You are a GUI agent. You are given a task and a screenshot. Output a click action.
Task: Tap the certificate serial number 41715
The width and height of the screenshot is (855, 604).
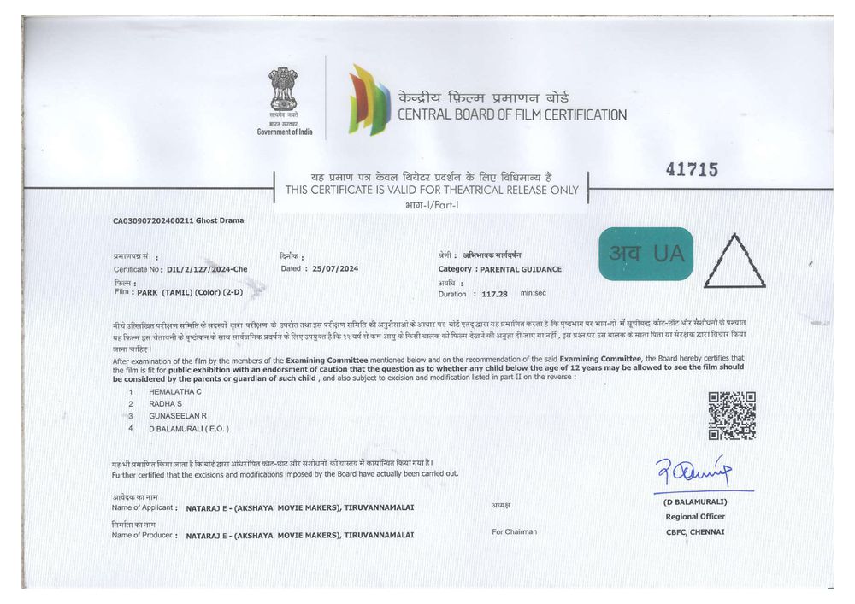[x=692, y=170]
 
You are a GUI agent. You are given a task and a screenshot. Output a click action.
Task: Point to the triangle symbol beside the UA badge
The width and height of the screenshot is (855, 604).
[x=734, y=262]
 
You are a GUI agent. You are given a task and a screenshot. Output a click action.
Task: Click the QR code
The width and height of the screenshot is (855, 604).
[x=732, y=415]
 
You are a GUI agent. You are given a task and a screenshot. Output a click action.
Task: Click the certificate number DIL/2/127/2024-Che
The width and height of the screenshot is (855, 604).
[x=207, y=269]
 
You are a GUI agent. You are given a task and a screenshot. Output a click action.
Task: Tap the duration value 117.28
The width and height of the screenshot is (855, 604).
[x=494, y=293]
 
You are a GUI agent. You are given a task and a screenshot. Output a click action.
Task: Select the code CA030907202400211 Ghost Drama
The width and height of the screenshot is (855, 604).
[x=178, y=220]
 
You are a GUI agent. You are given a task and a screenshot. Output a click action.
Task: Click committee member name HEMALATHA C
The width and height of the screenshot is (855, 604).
[x=176, y=390]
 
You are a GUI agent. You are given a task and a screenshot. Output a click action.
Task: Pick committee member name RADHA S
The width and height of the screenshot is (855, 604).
[x=166, y=402]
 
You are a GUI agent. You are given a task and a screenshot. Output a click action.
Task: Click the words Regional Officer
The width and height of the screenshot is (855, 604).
[x=695, y=517]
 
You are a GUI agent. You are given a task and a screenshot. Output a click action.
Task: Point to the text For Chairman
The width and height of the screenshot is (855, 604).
[x=515, y=531]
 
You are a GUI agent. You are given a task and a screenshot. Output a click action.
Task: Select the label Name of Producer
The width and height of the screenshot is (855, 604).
[x=143, y=535]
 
